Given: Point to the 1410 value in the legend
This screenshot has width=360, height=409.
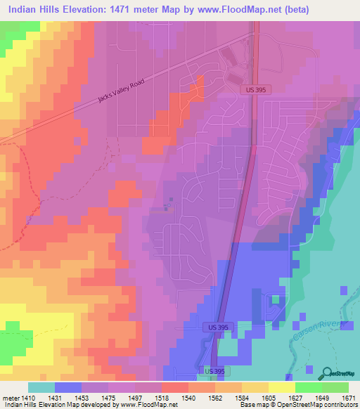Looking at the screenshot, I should point(27,397).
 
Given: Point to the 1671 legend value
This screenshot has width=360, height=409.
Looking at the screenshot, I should point(349,397).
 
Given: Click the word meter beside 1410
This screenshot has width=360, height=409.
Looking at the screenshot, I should point(9,397).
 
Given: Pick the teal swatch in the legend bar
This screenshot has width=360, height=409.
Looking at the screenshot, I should point(41,387).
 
